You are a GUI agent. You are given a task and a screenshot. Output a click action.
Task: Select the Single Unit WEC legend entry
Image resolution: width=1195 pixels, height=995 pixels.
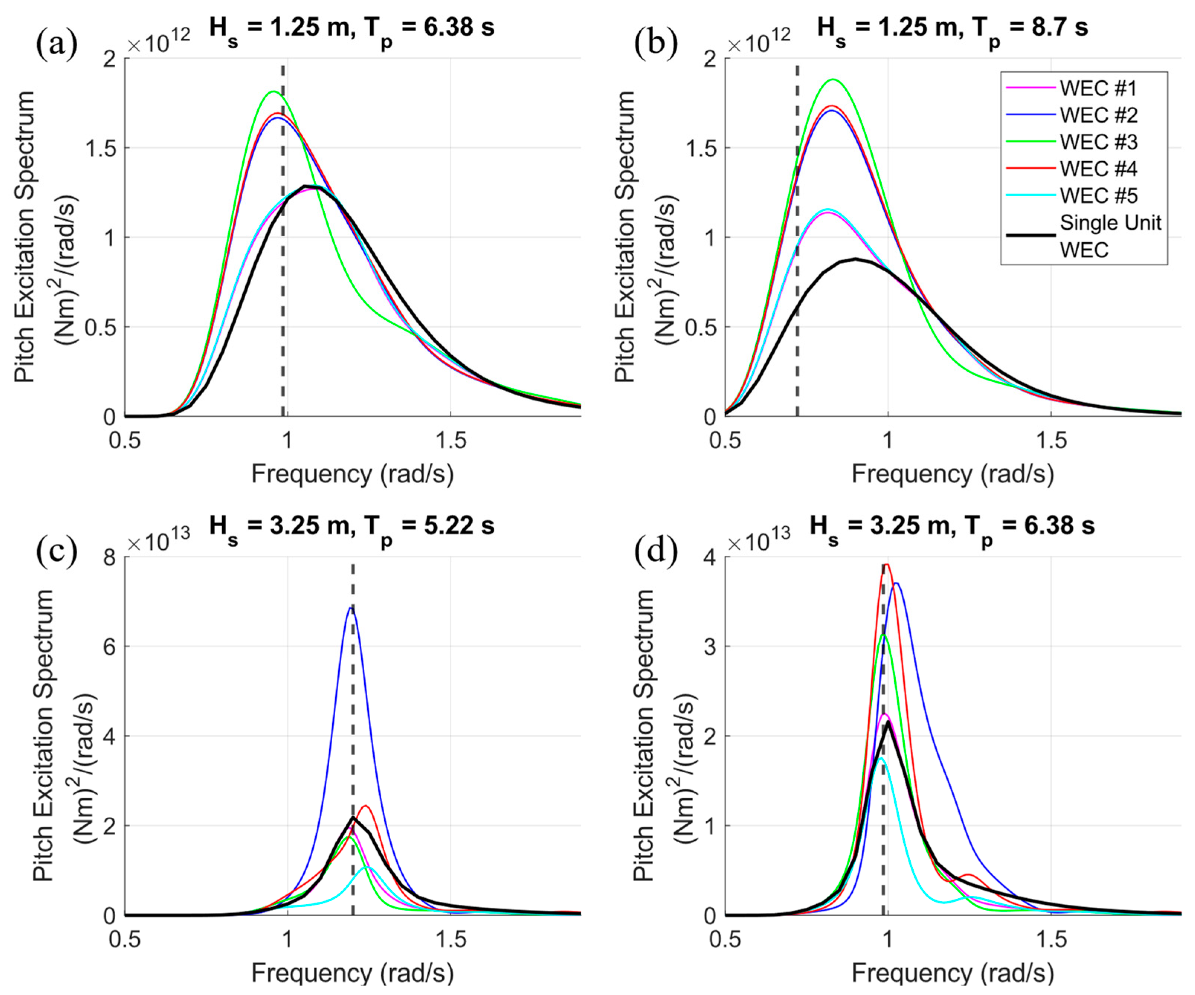tap(1109, 236)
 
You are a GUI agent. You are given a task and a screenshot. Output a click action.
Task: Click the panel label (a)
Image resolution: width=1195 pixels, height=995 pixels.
tap(56, 44)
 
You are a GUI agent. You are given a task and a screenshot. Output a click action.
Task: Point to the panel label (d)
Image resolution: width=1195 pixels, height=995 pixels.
tap(656, 551)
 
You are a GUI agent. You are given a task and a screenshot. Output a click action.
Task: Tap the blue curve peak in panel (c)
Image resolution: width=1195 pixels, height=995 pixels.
tap(351, 608)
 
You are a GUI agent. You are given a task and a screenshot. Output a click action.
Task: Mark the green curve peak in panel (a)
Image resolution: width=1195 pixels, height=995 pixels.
tap(273, 91)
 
